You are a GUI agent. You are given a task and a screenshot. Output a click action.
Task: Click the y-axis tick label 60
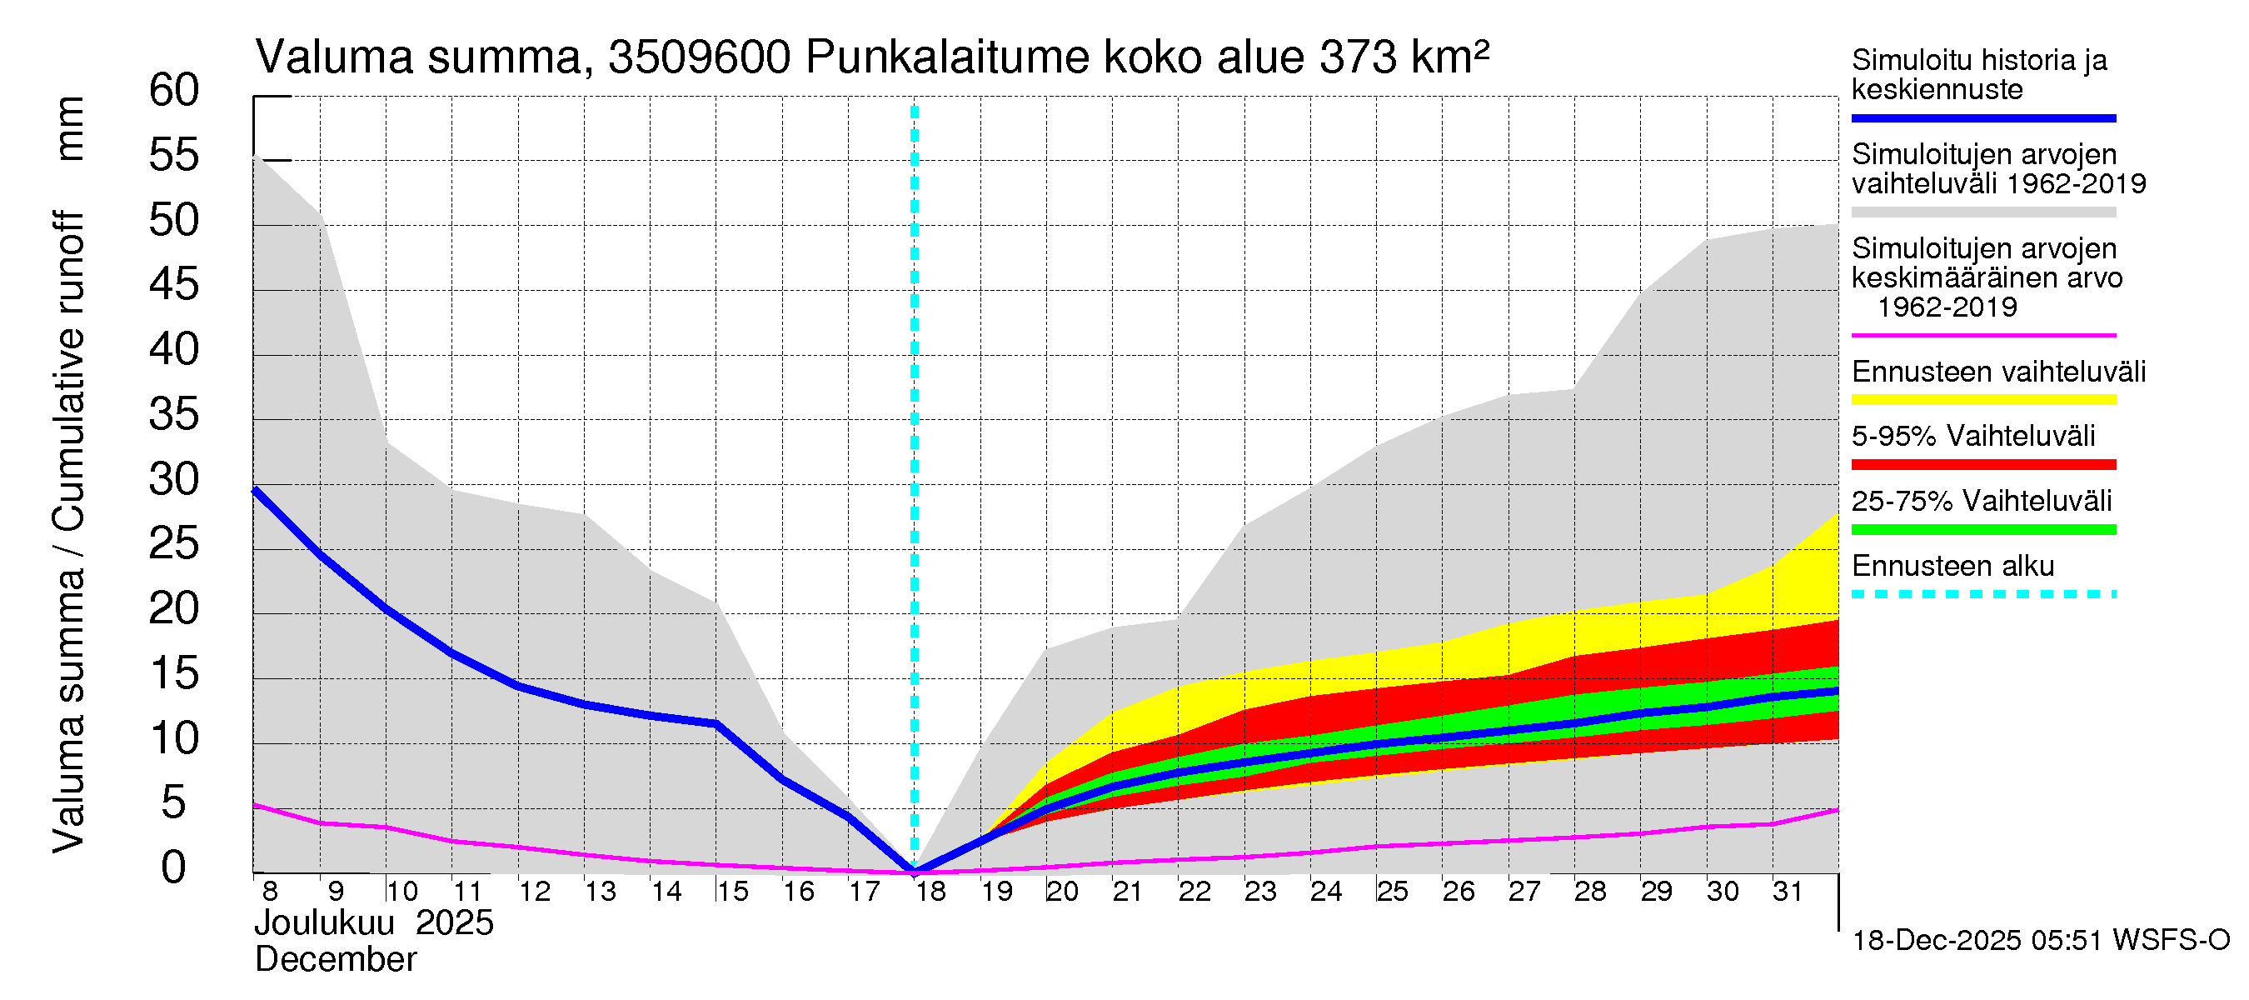point(174,90)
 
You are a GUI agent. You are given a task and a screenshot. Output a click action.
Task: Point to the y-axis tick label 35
point(174,414)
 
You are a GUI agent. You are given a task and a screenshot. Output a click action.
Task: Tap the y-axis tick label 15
point(174,673)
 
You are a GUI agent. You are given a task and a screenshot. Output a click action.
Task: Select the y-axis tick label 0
point(174,867)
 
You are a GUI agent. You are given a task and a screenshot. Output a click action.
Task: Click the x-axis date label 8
point(270,891)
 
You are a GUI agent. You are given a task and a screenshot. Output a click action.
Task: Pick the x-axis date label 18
point(930,891)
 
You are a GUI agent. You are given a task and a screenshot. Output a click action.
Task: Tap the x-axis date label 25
point(1393,891)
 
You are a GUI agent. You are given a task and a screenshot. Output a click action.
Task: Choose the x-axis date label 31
point(1788,891)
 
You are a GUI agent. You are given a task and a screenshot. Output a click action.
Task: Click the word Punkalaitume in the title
point(946,57)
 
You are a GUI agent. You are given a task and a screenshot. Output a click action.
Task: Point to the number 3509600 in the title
point(700,57)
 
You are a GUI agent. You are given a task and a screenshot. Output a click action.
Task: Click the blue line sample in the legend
point(1982,117)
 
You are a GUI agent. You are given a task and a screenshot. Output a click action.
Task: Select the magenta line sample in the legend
point(1982,335)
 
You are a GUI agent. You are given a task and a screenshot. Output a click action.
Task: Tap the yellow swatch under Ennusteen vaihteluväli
point(1982,400)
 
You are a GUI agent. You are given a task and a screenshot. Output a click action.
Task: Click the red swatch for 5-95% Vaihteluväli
point(1982,465)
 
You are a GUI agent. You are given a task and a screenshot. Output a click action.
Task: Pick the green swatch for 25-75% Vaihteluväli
point(1982,529)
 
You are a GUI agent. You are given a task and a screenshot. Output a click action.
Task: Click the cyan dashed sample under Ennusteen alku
point(1982,594)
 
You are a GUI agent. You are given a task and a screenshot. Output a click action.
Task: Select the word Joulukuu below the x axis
point(324,923)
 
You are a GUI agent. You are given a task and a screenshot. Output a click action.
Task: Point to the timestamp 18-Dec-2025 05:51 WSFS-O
point(2040,941)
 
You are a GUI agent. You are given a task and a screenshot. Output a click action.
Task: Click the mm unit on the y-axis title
point(70,128)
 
